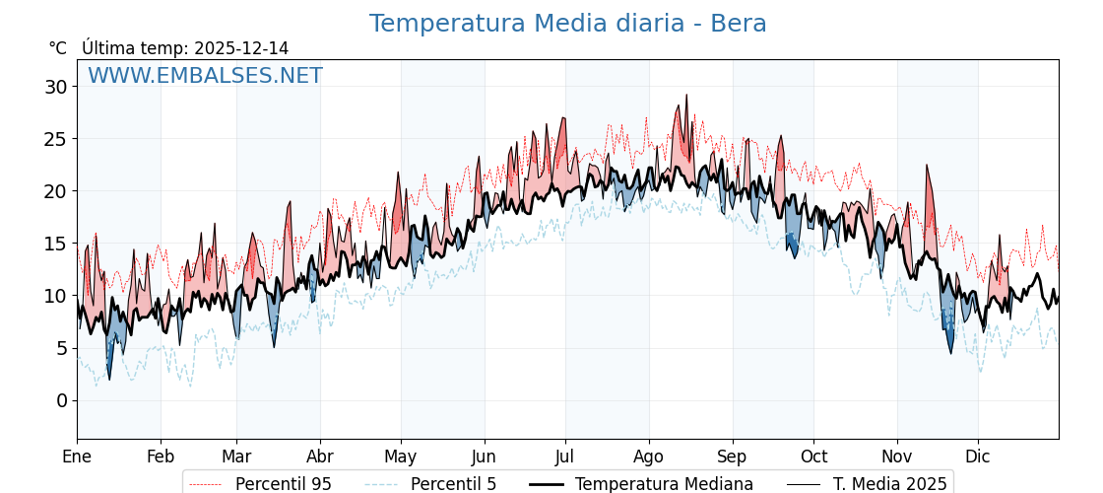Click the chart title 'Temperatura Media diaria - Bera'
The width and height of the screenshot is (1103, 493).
(x=567, y=24)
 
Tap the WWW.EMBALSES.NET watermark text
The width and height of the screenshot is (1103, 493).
(x=205, y=76)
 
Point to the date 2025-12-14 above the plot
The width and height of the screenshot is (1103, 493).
(x=241, y=48)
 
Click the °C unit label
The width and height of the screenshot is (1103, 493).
(x=57, y=48)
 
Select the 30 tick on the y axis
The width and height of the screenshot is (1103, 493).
(x=55, y=87)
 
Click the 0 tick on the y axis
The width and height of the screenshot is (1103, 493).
(x=61, y=400)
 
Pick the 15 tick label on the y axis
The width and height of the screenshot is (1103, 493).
(x=55, y=244)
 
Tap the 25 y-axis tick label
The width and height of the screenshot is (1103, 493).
(x=55, y=139)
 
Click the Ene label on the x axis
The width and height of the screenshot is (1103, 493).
(x=77, y=457)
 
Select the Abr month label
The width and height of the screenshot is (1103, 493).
(x=320, y=457)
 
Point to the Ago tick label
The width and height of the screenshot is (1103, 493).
(x=649, y=457)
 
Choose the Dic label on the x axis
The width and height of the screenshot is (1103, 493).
(x=978, y=457)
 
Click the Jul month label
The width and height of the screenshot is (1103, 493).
(x=565, y=457)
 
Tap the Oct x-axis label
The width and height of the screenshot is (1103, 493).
(x=813, y=457)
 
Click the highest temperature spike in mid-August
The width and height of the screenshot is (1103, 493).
(x=686, y=96)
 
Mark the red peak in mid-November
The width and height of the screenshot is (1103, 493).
(x=927, y=166)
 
